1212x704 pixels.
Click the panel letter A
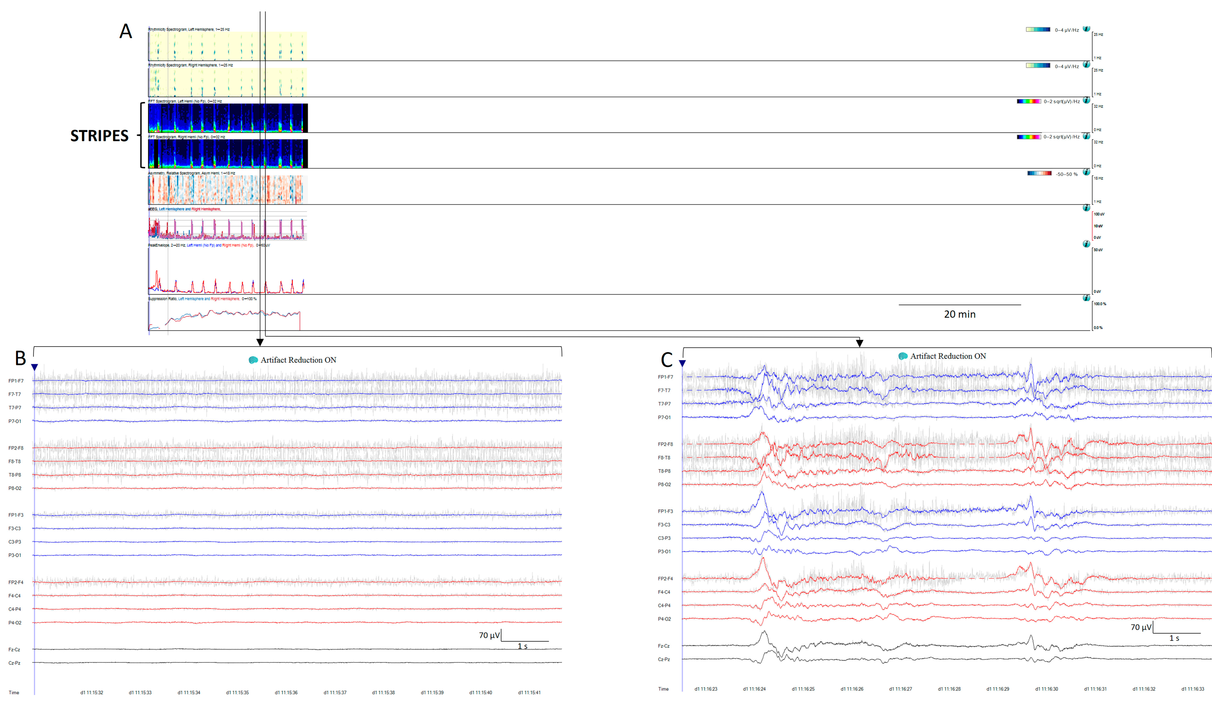[125, 32]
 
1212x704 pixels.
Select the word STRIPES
[100, 136]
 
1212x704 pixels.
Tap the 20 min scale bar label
[959, 314]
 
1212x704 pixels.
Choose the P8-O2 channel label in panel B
[15, 488]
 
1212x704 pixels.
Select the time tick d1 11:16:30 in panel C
[1047, 689]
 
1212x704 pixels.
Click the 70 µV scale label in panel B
[489, 635]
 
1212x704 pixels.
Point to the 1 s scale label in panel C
[1174, 638]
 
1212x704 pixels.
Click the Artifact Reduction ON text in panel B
[298, 360]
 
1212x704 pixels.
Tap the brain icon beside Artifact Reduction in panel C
[903, 356]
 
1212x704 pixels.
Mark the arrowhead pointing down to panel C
[859, 343]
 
